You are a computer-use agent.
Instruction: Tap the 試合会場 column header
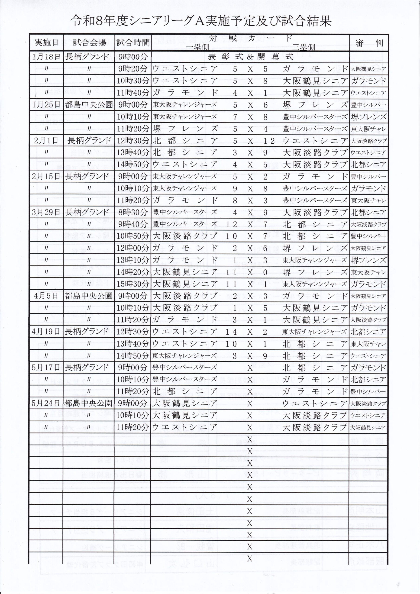[x=89, y=43]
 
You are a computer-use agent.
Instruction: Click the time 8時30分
[x=133, y=212]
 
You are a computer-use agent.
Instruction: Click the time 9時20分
[x=133, y=69]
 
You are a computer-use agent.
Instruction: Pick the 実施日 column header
[x=46, y=43]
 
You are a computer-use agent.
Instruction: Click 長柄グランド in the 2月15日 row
[x=87, y=176]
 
